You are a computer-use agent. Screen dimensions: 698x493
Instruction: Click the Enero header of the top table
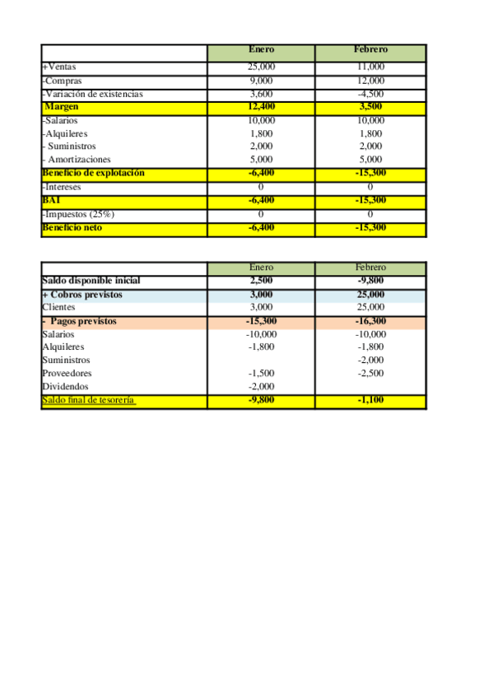[x=261, y=50]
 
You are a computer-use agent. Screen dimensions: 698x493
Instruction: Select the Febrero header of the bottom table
[x=370, y=268]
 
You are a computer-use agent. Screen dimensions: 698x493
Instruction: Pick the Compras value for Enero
[x=261, y=81]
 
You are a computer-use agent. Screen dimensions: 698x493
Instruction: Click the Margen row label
[x=61, y=107]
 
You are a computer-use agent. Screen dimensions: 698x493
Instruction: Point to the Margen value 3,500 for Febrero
[x=371, y=107]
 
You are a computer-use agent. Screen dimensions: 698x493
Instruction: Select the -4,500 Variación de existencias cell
[x=371, y=94]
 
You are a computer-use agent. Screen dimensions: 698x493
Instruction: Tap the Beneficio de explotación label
[x=93, y=173]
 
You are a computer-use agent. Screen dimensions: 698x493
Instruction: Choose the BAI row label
[x=52, y=200]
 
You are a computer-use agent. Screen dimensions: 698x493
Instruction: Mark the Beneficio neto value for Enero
[x=261, y=227]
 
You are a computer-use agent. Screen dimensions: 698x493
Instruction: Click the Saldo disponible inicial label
[x=97, y=281]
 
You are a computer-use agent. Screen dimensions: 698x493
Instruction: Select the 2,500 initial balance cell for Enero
[x=261, y=281]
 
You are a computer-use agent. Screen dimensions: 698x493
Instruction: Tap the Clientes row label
[x=58, y=307]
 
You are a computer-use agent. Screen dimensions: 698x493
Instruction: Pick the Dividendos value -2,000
[x=261, y=387]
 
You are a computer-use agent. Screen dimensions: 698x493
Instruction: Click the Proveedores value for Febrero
[x=370, y=374]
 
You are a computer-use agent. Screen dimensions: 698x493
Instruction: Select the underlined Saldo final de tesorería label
[x=89, y=400]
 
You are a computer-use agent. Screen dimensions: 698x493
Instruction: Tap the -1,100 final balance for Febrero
[x=370, y=400]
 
